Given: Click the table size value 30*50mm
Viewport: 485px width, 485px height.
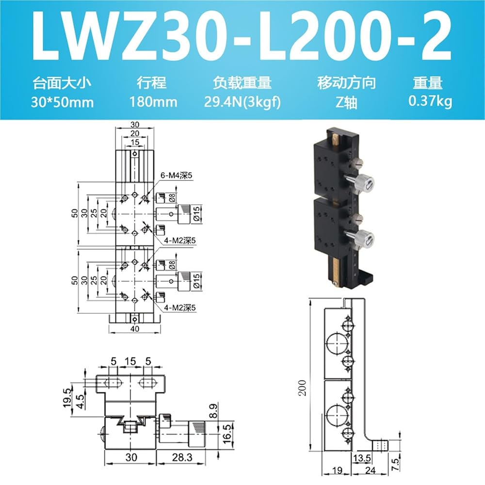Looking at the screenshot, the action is pyautogui.click(x=62, y=102).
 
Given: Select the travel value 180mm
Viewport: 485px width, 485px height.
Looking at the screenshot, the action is pyautogui.click(x=153, y=102).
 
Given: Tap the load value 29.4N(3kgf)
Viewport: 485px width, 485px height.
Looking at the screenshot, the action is pyautogui.click(x=242, y=102).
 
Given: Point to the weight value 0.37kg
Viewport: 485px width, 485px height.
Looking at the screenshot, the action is pyautogui.click(x=430, y=101).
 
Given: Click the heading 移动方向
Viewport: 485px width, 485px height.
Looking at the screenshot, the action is pyautogui.click(x=346, y=82).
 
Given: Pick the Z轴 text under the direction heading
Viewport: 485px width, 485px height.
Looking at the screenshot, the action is pyautogui.click(x=346, y=102).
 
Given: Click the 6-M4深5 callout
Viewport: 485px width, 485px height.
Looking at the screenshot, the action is pyautogui.click(x=176, y=176).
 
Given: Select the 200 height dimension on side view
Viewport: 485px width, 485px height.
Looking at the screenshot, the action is pyautogui.click(x=302, y=388).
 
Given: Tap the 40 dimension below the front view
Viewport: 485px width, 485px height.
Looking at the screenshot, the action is pyautogui.click(x=135, y=329).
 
